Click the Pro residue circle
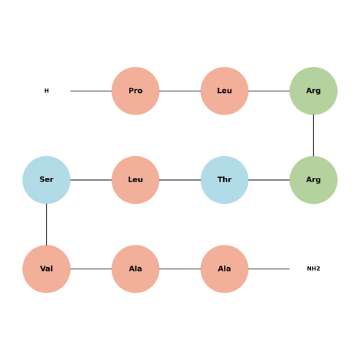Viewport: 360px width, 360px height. (135, 91)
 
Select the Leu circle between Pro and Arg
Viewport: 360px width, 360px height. (225, 91)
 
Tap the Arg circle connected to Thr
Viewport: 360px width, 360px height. (313, 180)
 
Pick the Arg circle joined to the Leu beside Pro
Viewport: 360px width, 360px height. (313, 91)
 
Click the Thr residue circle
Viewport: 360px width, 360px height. (225, 180)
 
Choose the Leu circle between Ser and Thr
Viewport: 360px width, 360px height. (135, 180)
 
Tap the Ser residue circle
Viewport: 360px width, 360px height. (46, 180)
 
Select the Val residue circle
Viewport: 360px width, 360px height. (46, 269)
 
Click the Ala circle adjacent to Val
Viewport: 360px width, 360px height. (135, 269)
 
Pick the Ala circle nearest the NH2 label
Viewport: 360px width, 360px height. (225, 269)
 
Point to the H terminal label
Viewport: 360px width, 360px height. (46, 91)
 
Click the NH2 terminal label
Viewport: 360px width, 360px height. (313, 269)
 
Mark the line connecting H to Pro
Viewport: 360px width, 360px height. (91, 91)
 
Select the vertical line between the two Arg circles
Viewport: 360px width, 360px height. (313, 135)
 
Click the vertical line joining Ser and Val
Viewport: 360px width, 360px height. (46, 225)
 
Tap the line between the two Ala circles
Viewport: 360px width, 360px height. (180, 269)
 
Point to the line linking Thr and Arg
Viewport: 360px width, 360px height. (269, 180)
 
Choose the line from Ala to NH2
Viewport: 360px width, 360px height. (269, 269)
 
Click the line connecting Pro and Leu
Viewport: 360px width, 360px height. (180, 91)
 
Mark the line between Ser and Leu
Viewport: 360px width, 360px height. (91, 180)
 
